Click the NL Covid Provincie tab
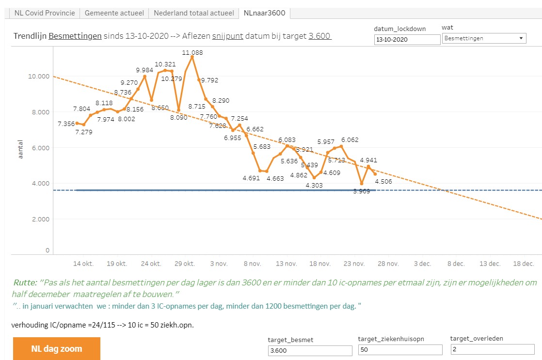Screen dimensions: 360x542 point(44,13)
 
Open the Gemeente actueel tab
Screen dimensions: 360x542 point(114,13)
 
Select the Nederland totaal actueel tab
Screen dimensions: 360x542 point(193,13)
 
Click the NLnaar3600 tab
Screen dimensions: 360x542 point(264,13)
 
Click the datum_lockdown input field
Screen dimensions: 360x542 point(406,39)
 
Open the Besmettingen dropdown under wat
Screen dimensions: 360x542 point(484,38)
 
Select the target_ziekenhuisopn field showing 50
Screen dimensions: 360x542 point(400,350)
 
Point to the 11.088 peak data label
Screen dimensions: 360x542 point(192,52)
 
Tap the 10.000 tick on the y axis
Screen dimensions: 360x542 point(36,77)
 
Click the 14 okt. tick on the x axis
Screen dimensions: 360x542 point(83,264)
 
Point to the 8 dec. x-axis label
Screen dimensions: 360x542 point(456,264)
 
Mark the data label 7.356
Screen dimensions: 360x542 point(66,124)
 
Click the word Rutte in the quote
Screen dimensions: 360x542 point(25,282)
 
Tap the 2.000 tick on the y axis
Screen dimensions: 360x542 point(38,219)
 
